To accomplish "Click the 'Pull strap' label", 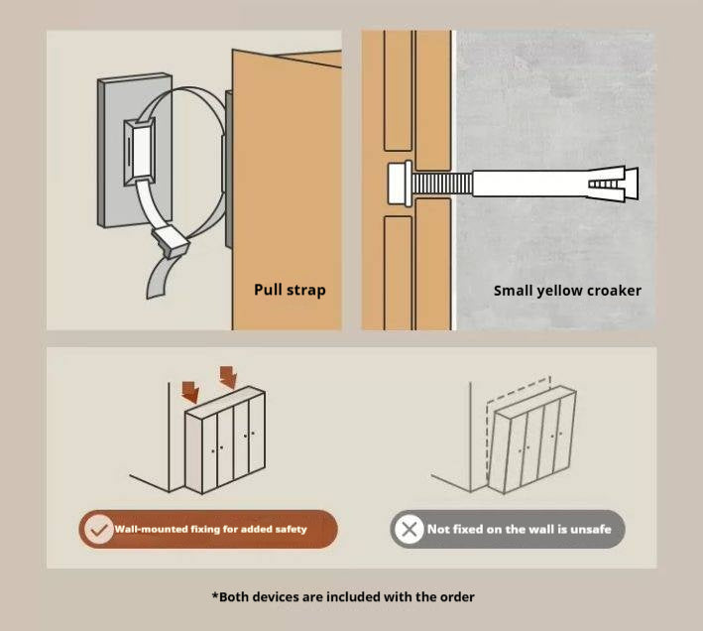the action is pyautogui.click(x=290, y=290).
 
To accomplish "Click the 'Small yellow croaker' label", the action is pyautogui.click(x=567, y=291).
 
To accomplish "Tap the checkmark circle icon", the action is pyautogui.click(x=98, y=529).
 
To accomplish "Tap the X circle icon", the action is pyautogui.click(x=409, y=529).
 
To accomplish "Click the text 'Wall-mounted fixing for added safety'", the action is pyautogui.click(x=211, y=529).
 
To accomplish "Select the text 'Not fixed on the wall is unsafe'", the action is pyautogui.click(x=520, y=529).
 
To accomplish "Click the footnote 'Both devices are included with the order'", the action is pyautogui.click(x=343, y=597).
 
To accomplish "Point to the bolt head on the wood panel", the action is pyautogui.click(x=400, y=184).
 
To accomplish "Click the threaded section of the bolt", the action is pyautogui.click(x=442, y=184).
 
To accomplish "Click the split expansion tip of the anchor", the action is pyautogui.click(x=614, y=184).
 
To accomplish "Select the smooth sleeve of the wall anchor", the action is pyautogui.click(x=529, y=184).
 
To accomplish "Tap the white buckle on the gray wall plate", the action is pyautogui.click(x=140, y=152).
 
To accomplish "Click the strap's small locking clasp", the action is pyautogui.click(x=171, y=241).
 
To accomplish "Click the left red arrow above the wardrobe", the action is pyautogui.click(x=190, y=392).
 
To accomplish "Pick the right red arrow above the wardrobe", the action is pyautogui.click(x=228, y=377).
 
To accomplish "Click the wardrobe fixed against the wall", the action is pyautogui.click(x=225, y=440).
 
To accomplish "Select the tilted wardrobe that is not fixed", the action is pyautogui.click(x=530, y=441).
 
